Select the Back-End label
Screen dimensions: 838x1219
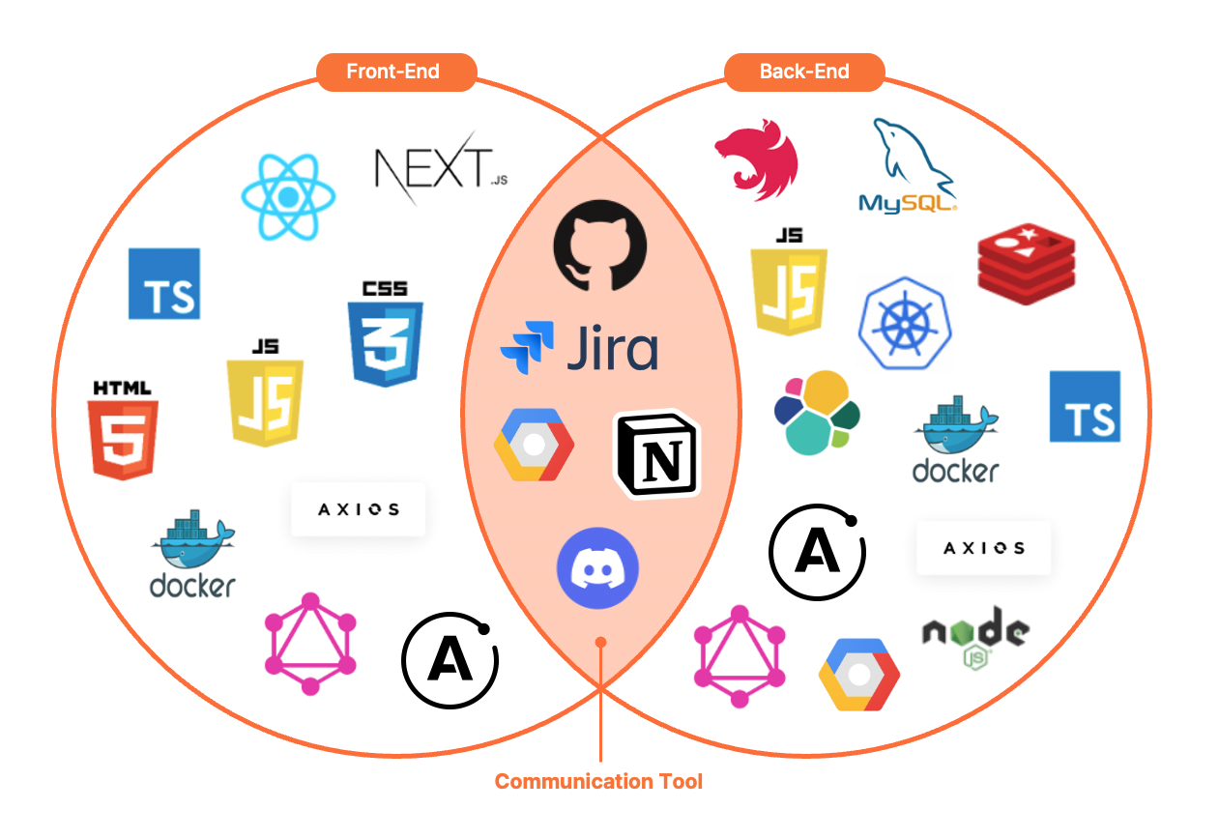pos(804,72)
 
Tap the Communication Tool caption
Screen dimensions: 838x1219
pos(598,781)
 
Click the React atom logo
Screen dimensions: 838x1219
pos(288,197)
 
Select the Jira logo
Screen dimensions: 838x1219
pos(579,348)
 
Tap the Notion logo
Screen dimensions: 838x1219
pos(658,455)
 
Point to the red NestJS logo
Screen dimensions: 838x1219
pos(757,159)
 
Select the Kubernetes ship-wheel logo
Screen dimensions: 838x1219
pos(906,324)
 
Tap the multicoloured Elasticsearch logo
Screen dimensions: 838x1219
pos(817,413)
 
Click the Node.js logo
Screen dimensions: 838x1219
pos(974,637)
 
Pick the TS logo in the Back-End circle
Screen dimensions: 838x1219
pos(1085,407)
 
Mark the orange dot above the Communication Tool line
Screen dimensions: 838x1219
pos(600,642)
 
